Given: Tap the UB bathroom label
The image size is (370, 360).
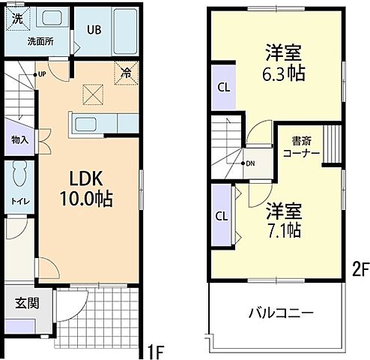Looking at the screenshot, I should pos(93,30).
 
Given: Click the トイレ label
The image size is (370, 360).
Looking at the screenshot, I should pos(19,201).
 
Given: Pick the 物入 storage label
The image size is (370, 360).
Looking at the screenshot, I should pos(19,139).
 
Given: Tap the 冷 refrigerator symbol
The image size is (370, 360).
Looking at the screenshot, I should pos(127,73).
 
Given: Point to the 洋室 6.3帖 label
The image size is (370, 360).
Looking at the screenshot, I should pos(283,63).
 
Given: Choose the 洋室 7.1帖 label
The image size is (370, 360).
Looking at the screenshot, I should pos(282,220).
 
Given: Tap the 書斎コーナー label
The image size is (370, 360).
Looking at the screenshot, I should pos(301,146).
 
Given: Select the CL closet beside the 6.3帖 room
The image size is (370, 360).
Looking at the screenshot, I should pos(223,87).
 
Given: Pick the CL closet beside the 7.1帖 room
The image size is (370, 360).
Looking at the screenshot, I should pos(222,216).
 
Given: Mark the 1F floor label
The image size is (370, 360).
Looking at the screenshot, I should pos(155,349).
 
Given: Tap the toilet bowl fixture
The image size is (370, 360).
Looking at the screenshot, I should pos(20,174).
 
